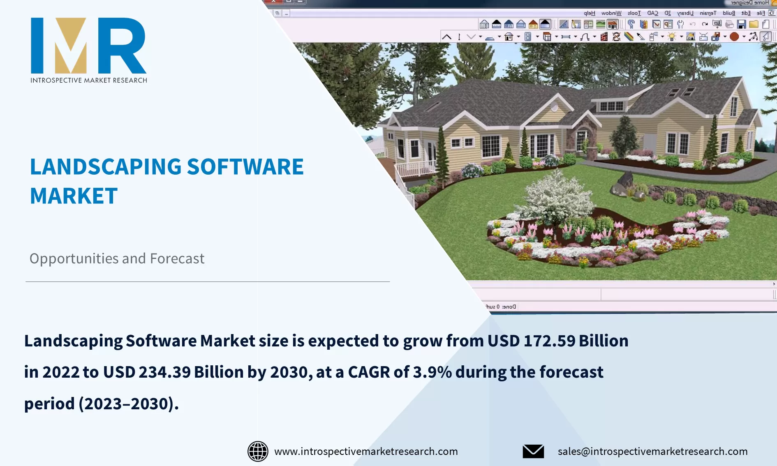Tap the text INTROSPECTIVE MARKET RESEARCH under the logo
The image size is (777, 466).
tap(89, 80)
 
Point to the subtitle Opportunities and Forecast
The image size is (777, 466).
tap(117, 258)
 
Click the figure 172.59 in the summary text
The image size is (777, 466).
tap(549, 341)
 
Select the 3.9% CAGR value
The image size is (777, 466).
tap(432, 372)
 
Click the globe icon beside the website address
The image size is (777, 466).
tap(258, 451)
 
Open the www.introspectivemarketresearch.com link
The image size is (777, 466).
tap(366, 451)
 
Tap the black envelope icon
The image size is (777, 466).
tap(533, 451)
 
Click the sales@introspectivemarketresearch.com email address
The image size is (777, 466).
tap(652, 451)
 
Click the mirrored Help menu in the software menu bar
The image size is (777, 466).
tap(589, 13)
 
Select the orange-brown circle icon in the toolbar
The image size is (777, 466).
tap(734, 37)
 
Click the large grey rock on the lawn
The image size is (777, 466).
tap(625, 183)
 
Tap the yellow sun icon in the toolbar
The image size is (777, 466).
tap(672, 37)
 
